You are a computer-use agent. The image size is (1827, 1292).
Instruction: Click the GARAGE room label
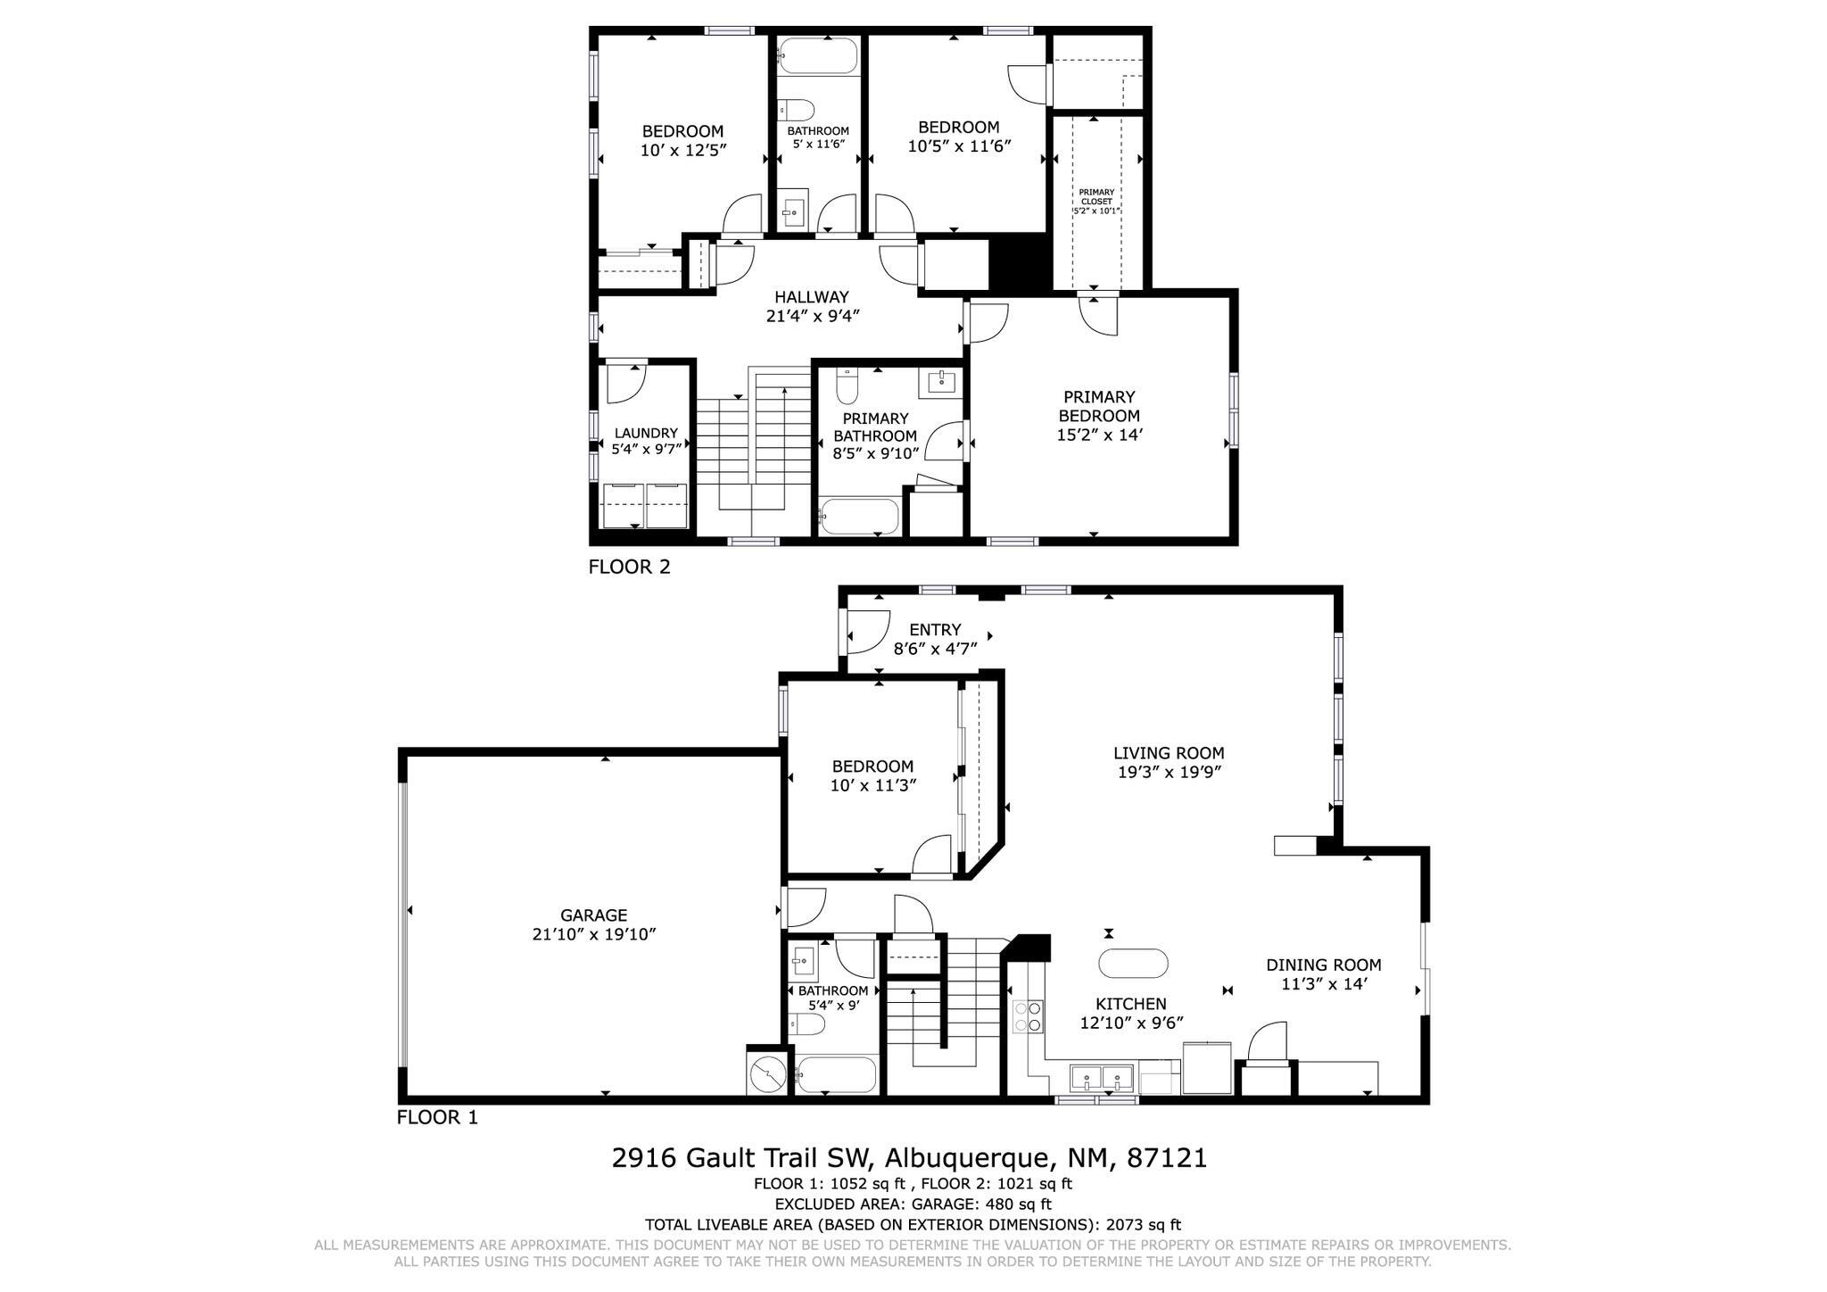click(593, 915)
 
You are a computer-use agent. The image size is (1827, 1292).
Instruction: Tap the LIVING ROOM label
click(1169, 753)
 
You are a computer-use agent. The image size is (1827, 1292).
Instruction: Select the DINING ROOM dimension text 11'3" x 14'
click(1324, 983)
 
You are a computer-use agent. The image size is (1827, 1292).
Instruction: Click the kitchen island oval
click(1133, 964)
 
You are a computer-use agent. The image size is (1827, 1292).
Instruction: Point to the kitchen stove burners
click(1028, 1016)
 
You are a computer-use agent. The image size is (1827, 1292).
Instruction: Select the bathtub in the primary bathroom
click(860, 517)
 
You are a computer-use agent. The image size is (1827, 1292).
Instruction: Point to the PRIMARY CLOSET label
click(1095, 201)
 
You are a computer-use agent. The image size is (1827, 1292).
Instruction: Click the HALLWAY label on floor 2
click(811, 297)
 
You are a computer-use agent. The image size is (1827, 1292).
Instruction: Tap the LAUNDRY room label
click(646, 434)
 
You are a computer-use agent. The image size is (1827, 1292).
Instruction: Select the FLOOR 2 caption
click(629, 567)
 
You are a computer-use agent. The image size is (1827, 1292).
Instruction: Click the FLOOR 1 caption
click(437, 1117)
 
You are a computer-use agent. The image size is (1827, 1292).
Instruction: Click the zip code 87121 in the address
click(1167, 1158)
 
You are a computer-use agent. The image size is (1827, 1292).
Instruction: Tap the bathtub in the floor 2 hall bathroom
click(818, 56)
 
